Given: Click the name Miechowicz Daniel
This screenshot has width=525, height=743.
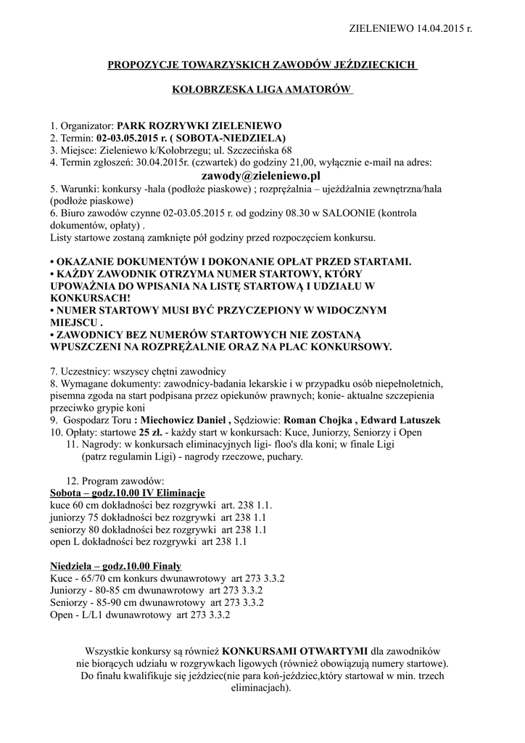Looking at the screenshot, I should pos(184,420).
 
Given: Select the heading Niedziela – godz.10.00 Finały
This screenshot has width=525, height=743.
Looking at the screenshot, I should pos(115,566).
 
